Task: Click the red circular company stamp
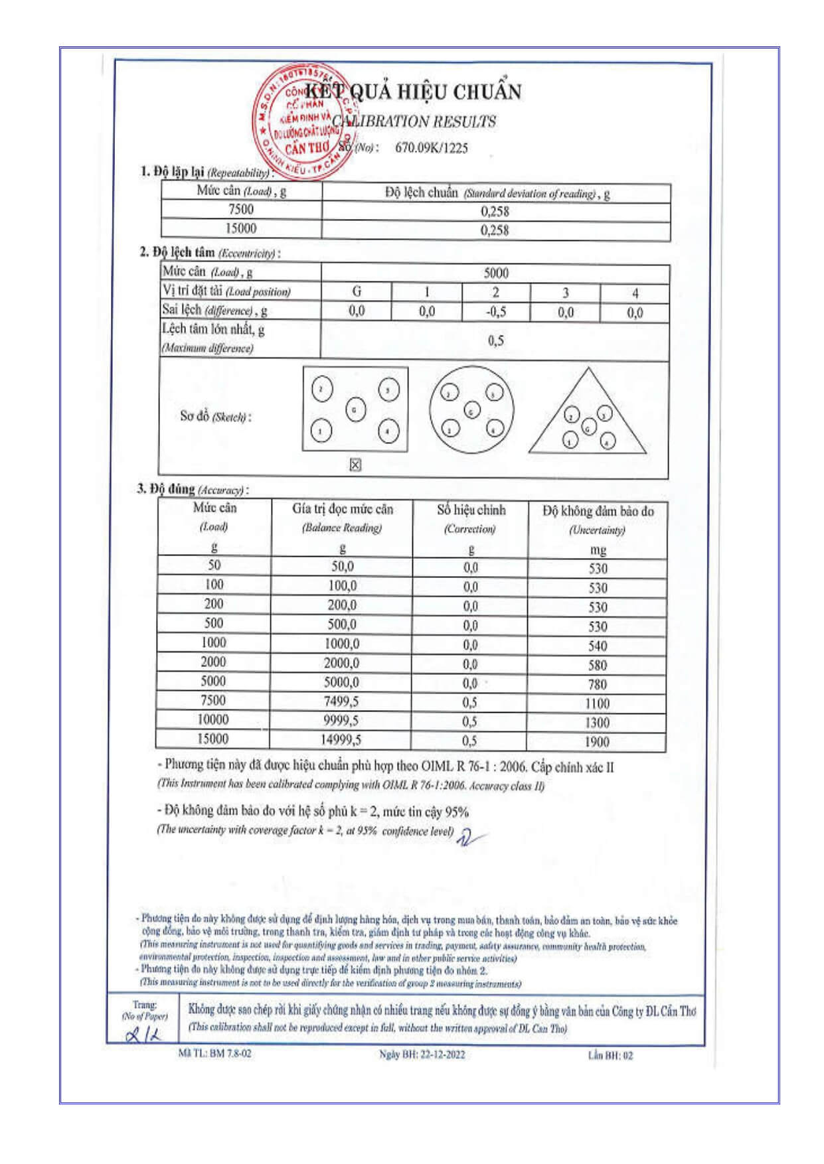pyautogui.click(x=302, y=121)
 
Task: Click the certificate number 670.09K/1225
pyautogui.click(x=431, y=148)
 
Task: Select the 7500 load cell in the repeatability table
pyautogui.click(x=240, y=210)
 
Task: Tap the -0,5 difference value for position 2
pyautogui.click(x=495, y=312)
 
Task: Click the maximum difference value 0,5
pyautogui.click(x=495, y=341)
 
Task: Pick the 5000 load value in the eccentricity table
pyautogui.click(x=495, y=273)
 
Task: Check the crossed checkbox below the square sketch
pyautogui.click(x=355, y=465)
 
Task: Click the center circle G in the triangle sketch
pyautogui.click(x=588, y=427)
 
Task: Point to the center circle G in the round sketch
pyautogui.click(x=471, y=411)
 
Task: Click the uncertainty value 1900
pyautogui.click(x=597, y=741)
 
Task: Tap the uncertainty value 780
pyautogui.click(x=597, y=684)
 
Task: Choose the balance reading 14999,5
pyautogui.click(x=341, y=741)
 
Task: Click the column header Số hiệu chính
pyautogui.click(x=471, y=510)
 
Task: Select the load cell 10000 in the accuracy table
pyautogui.click(x=213, y=720)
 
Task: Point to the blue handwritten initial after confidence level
pyautogui.click(x=468, y=837)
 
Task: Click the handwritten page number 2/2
pyautogui.click(x=143, y=1035)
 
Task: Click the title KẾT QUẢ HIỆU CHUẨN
pyautogui.click(x=413, y=92)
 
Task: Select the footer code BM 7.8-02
pyautogui.click(x=230, y=1053)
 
